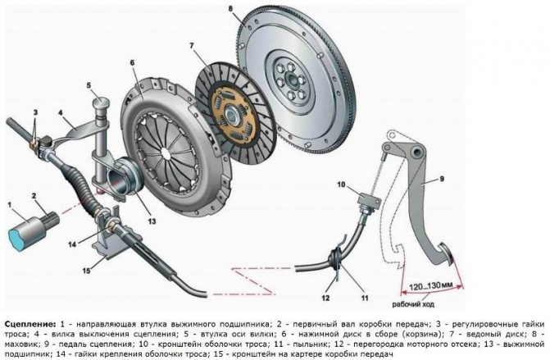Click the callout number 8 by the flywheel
(230, 8)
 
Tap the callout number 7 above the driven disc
(192, 46)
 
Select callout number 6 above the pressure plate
(132, 63)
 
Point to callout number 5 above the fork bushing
(89, 85)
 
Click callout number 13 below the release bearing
(152, 221)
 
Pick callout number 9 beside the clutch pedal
(442, 179)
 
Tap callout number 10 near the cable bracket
(341, 185)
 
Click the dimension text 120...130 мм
(431, 287)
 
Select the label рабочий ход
(413, 304)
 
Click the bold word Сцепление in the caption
(30, 323)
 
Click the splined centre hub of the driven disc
(231, 114)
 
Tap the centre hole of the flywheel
(291, 80)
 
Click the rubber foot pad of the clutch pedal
(447, 254)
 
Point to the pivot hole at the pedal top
(417, 152)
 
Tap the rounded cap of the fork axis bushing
(101, 103)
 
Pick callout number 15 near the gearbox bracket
(86, 270)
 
